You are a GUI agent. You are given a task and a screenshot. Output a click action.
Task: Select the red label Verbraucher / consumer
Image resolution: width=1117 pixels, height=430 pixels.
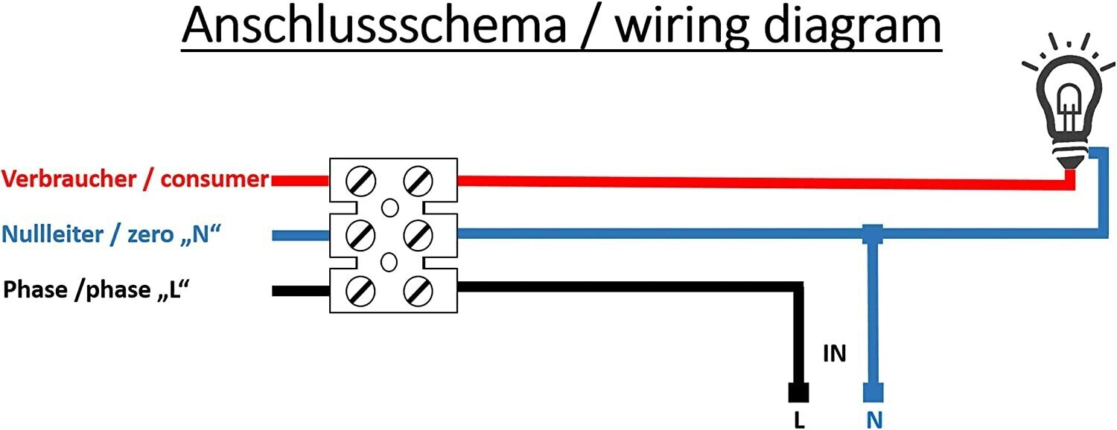tap(135, 179)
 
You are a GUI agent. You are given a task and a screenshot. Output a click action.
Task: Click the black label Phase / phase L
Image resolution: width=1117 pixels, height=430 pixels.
tap(93, 289)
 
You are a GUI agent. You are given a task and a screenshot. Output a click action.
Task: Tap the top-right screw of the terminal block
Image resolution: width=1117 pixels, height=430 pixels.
tap(417, 180)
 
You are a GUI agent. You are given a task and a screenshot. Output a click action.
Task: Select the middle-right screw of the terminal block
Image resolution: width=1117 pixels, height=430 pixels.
tap(417, 234)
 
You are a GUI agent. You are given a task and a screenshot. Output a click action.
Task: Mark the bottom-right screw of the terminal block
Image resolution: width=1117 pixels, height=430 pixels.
tap(417, 289)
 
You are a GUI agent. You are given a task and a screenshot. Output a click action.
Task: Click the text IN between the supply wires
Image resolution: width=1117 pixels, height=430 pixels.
tap(834, 353)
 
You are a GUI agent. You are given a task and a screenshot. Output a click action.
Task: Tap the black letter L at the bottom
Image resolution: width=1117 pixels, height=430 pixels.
tap(799, 420)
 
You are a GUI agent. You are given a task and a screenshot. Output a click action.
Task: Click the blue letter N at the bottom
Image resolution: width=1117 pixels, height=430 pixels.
tap(874, 420)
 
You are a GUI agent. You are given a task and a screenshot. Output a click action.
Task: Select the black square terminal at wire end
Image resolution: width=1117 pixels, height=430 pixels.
tap(798, 392)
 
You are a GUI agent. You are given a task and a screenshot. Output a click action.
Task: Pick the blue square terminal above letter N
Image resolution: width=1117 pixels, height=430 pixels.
tap(873, 392)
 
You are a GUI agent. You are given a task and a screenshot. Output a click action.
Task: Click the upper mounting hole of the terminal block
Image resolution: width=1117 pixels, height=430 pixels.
tap(389, 207)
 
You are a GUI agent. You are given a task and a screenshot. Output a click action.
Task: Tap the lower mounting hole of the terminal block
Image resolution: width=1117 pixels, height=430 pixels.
tap(389, 262)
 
